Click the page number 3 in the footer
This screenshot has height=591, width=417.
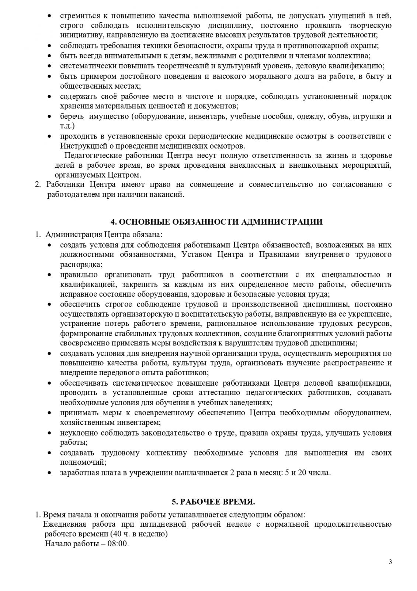[390, 562]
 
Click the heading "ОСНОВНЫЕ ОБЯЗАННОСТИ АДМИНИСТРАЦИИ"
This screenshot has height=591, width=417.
[221, 222]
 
